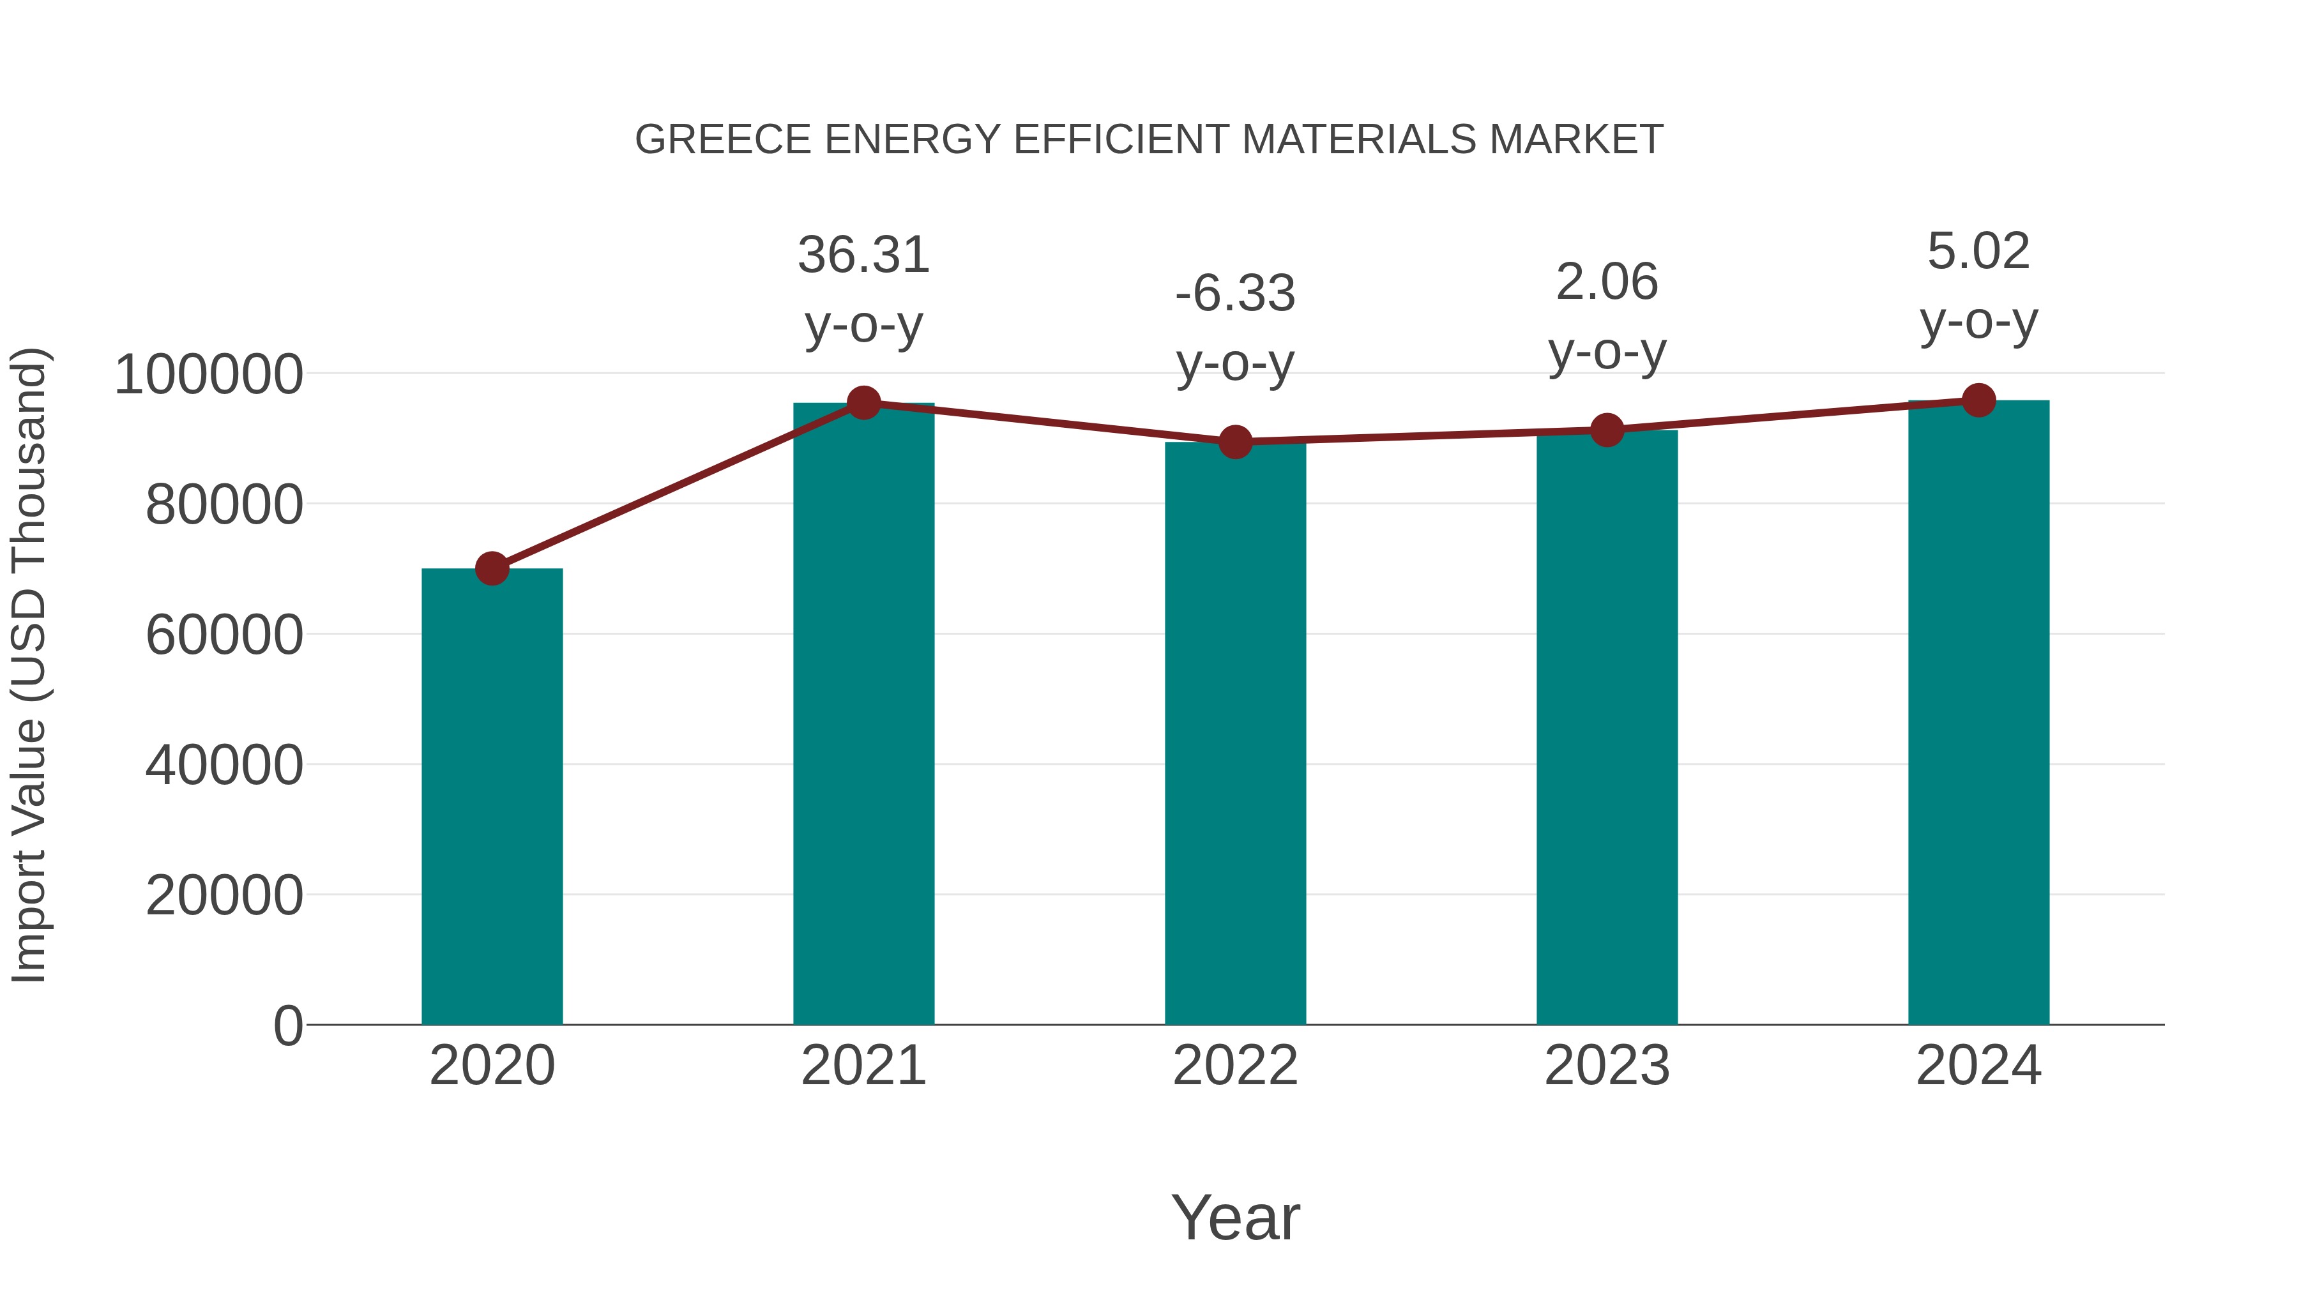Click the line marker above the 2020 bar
(x=492, y=568)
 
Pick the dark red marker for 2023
(x=1607, y=431)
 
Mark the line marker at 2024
(x=1978, y=400)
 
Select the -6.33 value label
(x=1235, y=294)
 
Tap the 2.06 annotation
(x=1607, y=283)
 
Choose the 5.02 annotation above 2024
(x=1978, y=252)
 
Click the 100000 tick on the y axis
(x=208, y=375)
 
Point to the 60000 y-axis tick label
(x=224, y=635)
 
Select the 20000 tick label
(x=224, y=896)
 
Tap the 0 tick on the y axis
(x=288, y=1026)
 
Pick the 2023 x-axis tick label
(x=1607, y=1066)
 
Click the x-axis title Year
(x=1235, y=1218)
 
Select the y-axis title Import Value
(x=29, y=666)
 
